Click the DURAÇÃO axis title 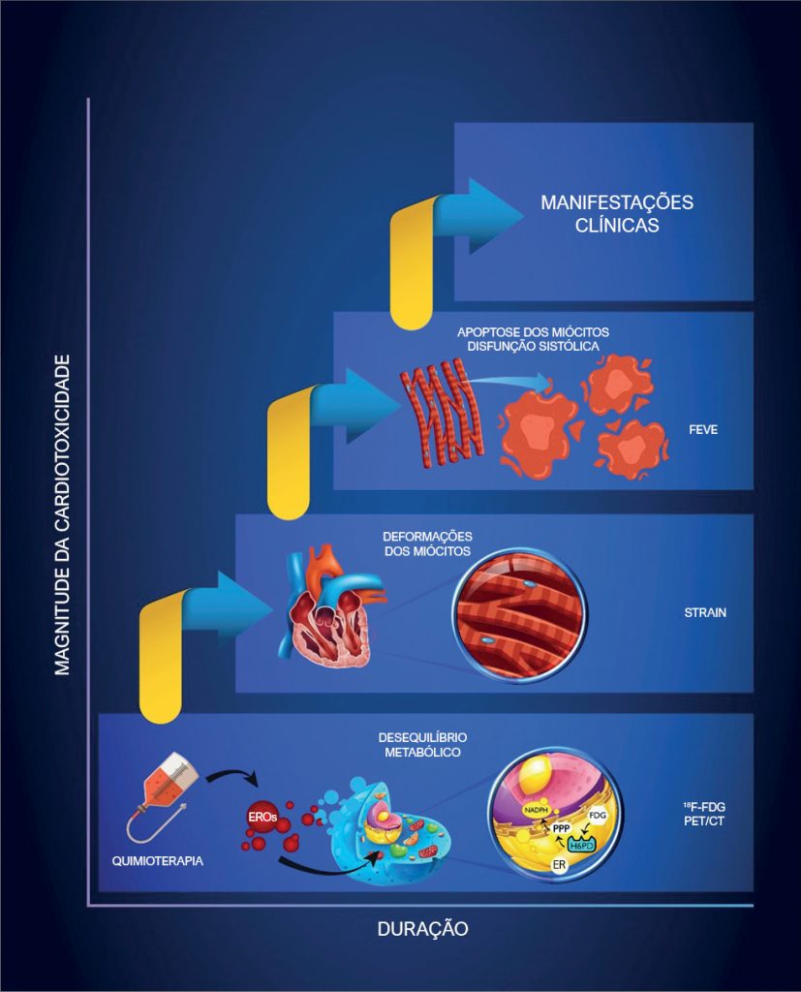point(422,928)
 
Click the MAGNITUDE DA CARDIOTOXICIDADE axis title point(63,514)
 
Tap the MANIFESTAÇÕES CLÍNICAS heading point(617,214)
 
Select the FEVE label point(703,429)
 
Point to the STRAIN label point(704,612)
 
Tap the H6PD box point(583,843)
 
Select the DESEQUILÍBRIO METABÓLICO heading point(422,744)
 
